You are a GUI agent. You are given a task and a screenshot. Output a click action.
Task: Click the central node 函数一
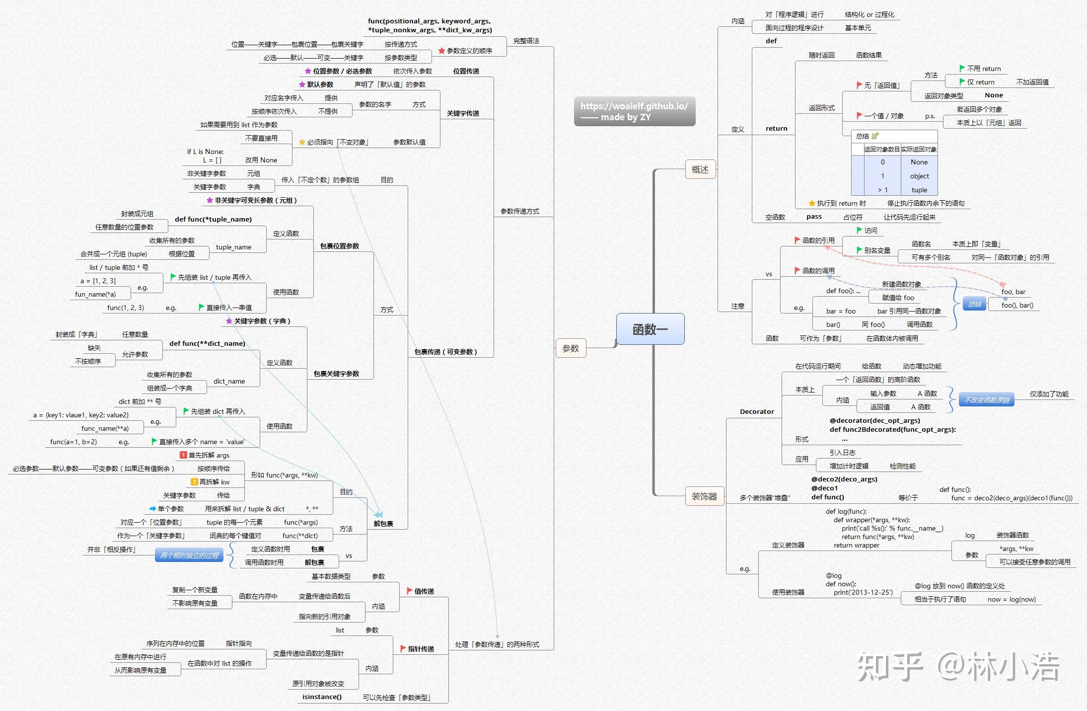pos(650,329)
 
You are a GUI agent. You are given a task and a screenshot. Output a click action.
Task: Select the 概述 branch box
pos(700,169)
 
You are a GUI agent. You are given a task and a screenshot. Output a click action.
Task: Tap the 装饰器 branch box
pos(704,496)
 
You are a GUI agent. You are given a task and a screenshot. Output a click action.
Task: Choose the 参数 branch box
pos(571,348)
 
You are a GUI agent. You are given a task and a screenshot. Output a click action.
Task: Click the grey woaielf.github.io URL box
pos(635,111)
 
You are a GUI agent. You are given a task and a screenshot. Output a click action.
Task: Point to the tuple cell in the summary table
pos(919,190)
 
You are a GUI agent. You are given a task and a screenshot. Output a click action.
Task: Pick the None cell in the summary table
pos(919,162)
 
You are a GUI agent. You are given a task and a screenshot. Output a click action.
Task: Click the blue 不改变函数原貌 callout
pos(987,400)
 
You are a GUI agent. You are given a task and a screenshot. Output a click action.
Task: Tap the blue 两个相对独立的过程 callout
pos(189,555)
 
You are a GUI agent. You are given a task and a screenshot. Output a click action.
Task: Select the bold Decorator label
pos(757,411)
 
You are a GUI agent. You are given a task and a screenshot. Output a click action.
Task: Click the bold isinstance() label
pos(322,697)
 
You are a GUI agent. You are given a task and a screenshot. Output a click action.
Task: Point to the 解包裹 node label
pos(383,524)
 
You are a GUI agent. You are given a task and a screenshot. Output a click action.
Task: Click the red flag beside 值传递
pos(410,591)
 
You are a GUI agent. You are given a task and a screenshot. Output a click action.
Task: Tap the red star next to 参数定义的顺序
pos(441,51)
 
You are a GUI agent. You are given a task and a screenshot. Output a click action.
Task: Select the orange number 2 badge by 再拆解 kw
pos(194,482)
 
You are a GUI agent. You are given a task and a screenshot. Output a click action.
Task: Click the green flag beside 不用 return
pos(962,68)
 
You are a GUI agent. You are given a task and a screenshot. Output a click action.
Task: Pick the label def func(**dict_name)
pos(207,343)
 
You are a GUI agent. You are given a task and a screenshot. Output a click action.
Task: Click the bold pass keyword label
pos(814,217)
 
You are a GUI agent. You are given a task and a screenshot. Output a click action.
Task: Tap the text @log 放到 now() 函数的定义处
pos(960,586)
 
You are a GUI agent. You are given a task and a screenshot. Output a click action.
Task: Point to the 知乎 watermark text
pos(890,667)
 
